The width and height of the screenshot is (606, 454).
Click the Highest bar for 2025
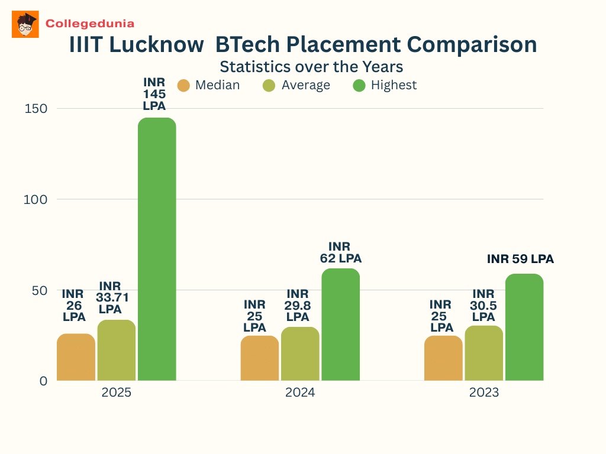click(157, 249)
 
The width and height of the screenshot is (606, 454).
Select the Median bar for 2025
click(76, 357)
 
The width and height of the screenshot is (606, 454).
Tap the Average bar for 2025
click(117, 350)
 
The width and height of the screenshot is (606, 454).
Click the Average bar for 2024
click(300, 354)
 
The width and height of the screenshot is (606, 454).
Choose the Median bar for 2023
click(443, 358)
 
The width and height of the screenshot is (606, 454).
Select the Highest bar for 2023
click(524, 327)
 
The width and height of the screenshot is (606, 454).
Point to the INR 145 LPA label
click(154, 94)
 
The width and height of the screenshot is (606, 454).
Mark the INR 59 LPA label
click(520, 259)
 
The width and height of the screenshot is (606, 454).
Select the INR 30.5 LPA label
click(483, 305)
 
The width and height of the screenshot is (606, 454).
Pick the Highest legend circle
click(359, 85)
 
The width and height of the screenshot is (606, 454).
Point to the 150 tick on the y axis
click(35, 109)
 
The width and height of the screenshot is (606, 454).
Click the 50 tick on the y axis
click(38, 290)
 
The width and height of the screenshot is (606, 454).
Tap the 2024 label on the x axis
click(300, 393)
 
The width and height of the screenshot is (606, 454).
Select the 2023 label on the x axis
click(483, 393)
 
